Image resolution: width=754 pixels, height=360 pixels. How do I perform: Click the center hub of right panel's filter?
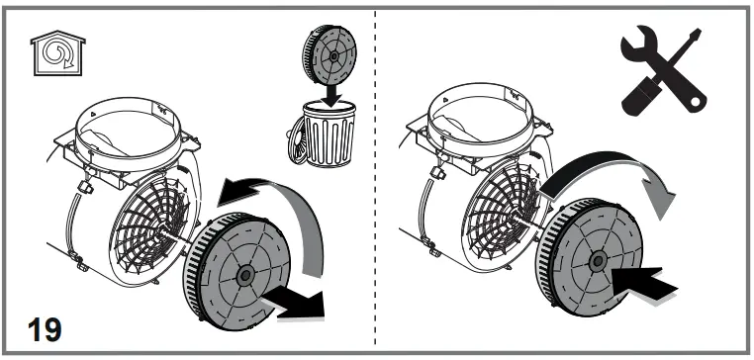(x=597, y=261)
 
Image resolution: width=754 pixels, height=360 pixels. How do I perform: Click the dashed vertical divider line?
(x=376, y=178)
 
